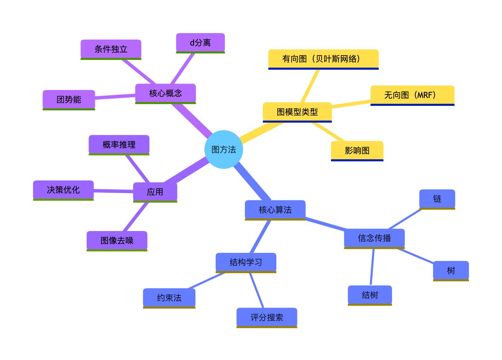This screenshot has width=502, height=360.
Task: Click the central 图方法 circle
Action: [224, 149]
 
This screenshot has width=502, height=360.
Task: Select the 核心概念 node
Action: [165, 93]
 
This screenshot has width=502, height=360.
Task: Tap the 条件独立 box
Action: [111, 49]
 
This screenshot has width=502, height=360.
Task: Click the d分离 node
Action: [200, 42]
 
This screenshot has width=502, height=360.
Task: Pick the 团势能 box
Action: [69, 99]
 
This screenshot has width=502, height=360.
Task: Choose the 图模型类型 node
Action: [297, 112]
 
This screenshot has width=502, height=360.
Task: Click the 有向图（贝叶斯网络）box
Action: [323, 59]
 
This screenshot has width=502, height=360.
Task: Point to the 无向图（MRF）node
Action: [412, 95]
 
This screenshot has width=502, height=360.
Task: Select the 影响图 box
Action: [357, 150]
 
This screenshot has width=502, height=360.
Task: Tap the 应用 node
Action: [155, 192]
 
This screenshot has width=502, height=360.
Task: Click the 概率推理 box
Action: [119, 144]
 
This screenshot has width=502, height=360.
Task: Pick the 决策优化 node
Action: [63, 190]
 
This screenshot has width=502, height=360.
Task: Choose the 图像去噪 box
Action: [117, 240]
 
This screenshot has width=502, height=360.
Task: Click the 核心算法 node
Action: [275, 210]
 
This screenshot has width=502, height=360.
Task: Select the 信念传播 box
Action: [374, 238]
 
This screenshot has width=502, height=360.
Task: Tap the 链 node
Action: [437, 199]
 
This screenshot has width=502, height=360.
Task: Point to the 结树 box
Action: [370, 295]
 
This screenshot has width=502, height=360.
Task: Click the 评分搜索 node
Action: [266, 317]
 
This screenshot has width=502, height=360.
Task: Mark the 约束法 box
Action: [169, 298]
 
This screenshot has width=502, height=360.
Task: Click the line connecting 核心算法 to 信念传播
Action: [325, 224]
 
